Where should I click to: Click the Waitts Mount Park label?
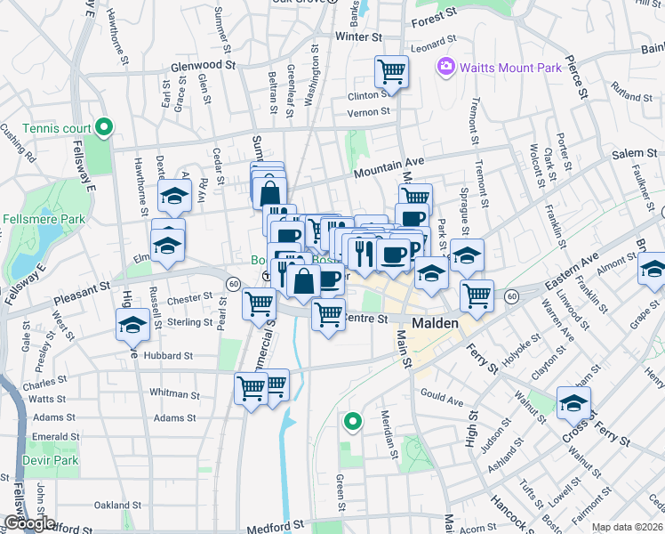click(x=506, y=67)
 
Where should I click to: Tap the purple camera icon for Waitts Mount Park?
click(x=445, y=67)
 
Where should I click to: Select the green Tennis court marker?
click(x=104, y=129)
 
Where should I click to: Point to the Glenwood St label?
click(x=203, y=65)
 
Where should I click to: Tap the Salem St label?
click(x=634, y=154)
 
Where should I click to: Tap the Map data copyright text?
click(x=627, y=527)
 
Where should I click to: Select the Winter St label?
click(x=357, y=37)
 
